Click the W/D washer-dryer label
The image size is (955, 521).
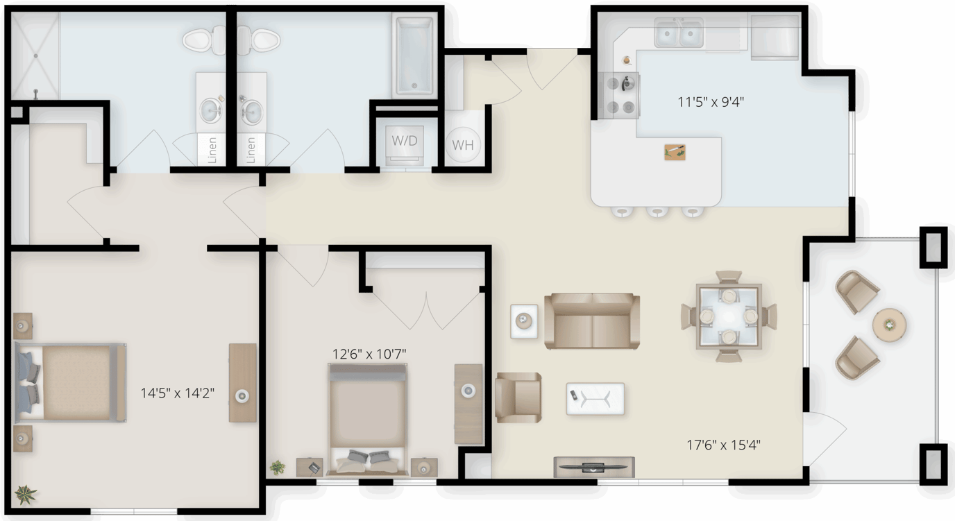point(404,141)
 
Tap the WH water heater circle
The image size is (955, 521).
point(463,145)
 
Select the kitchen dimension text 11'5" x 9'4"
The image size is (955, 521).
point(711,102)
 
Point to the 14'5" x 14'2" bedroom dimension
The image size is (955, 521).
point(178,393)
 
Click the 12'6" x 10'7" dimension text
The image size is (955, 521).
point(369,354)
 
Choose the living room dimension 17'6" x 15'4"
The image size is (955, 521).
point(723,445)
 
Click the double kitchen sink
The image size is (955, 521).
point(679,33)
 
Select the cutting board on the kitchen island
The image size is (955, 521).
point(675,152)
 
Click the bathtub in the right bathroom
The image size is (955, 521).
point(414,55)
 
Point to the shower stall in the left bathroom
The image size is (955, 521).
point(35,55)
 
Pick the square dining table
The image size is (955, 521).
point(729,316)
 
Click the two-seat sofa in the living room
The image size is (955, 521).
point(592,321)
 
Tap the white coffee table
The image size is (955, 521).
point(595,399)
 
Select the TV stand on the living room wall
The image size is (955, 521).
point(594,468)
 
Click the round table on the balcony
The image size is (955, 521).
point(889,325)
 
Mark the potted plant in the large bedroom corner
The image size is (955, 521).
point(26,495)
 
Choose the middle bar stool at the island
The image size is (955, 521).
point(657,212)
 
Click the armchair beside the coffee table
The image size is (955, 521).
point(518,398)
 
